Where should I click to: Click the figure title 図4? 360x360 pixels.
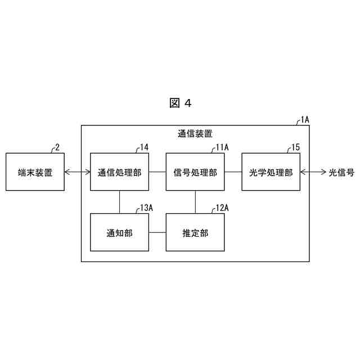pyautogui.click(x=181, y=103)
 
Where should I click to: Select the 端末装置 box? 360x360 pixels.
pyautogui.click(x=35, y=172)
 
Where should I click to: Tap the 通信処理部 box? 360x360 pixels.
pyautogui.click(x=119, y=172)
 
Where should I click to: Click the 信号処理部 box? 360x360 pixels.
pyautogui.click(x=195, y=172)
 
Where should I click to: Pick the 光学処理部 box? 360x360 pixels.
pyautogui.click(x=271, y=172)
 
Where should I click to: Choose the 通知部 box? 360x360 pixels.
pyautogui.click(x=119, y=232)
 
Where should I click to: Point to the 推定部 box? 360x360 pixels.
pyautogui.click(x=195, y=232)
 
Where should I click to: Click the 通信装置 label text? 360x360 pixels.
pyautogui.click(x=195, y=134)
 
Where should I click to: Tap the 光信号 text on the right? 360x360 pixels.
pyautogui.click(x=341, y=172)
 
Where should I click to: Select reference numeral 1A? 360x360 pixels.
pyautogui.click(x=304, y=119)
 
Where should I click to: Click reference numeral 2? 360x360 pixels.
pyautogui.click(x=57, y=147)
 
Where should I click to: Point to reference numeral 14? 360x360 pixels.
pyautogui.click(x=144, y=147)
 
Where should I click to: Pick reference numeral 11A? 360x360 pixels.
pyautogui.click(x=222, y=147)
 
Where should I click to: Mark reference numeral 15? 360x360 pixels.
pyautogui.click(x=295, y=147)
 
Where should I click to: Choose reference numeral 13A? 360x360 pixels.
pyautogui.click(x=146, y=208)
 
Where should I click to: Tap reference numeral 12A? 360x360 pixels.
pyautogui.click(x=222, y=208)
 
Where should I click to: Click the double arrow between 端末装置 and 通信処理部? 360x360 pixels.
pyautogui.click(x=77, y=172)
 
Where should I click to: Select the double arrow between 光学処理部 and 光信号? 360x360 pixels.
pyautogui.click(x=313, y=172)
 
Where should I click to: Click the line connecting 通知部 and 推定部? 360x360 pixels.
pyautogui.click(x=157, y=232)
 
